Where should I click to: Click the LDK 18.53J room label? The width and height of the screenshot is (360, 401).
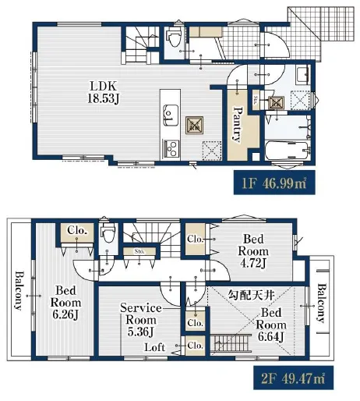point(103,92)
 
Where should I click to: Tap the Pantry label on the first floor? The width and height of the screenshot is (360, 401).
point(237,123)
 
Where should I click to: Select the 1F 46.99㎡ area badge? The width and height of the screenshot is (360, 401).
point(274,183)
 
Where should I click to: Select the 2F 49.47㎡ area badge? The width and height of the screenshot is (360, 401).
point(293,378)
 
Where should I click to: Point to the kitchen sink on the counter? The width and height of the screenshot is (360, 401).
point(171,115)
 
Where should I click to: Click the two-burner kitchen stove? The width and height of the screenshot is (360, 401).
point(171,148)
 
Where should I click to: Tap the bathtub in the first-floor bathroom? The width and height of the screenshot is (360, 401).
point(288,150)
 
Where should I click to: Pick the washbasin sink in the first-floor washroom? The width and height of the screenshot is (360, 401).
point(302,75)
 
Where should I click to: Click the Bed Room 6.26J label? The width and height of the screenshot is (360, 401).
point(65,303)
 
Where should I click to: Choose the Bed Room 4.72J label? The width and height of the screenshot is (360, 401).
point(253,251)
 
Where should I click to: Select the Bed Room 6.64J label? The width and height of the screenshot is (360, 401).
point(271,325)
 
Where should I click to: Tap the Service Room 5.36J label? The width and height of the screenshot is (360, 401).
point(141,320)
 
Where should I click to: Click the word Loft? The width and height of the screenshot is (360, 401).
point(154,347)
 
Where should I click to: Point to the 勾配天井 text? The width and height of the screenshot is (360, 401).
point(251,295)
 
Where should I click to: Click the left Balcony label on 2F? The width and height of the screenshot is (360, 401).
point(19,290)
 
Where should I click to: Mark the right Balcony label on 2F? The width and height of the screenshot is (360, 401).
point(322,303)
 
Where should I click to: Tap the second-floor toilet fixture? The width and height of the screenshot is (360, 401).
point(108,232)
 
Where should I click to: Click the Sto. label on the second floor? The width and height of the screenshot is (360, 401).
point(139,251)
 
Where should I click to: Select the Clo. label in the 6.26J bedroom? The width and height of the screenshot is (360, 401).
point(76,230)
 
